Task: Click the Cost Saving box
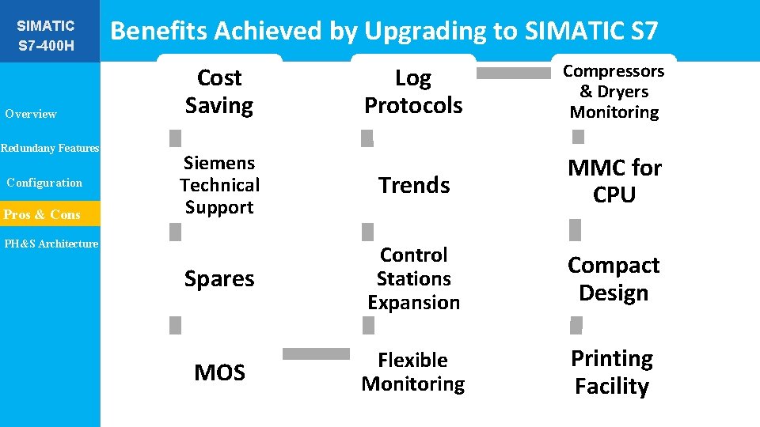point(219,92)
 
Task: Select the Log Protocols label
point(413,92)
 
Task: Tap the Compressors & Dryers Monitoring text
point(614,92)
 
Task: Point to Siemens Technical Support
point(219,185)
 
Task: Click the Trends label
point(413,185)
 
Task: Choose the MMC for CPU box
point(614,181)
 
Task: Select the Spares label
point(219,279)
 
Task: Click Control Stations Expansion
point(413,278)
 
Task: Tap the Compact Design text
point(614,279)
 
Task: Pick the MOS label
point(219,372)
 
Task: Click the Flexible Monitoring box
point(413,372)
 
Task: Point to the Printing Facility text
point(612,372)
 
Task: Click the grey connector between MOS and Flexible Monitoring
point(316,354)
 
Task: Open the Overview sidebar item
point(31,114)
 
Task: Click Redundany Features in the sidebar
point(50,148)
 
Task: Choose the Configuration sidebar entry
point(44,183)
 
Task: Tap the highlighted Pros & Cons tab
point(43,214)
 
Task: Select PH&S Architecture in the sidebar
point(51,244)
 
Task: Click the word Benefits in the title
point(160,31)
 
